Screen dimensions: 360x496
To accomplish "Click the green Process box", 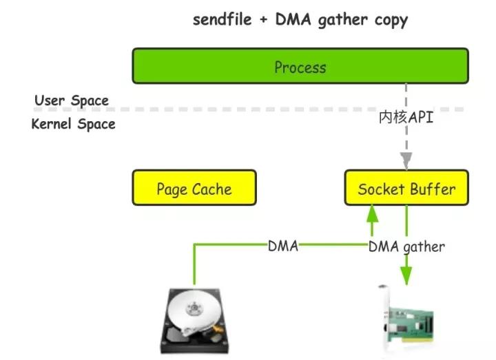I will point(300,66).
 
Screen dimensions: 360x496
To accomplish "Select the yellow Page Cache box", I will point(194,188).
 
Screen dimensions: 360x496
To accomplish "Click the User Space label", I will point(72,100).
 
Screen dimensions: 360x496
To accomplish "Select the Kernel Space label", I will point(74,125).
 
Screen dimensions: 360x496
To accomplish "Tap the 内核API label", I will point(406,118).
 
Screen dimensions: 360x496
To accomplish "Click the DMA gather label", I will point(407,246).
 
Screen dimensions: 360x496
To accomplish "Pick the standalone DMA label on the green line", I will point(283,246).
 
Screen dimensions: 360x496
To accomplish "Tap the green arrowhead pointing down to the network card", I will point(406,277).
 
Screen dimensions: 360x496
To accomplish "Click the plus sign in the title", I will point(263,20).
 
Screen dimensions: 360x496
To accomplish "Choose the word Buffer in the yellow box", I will point(431,189).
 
